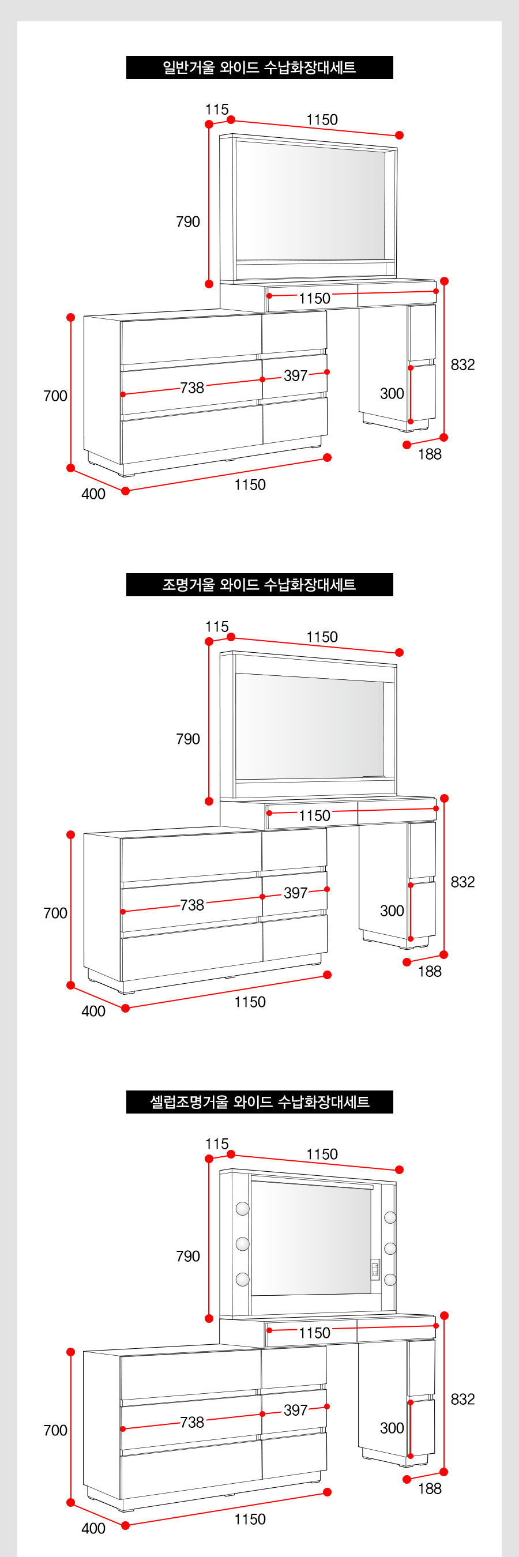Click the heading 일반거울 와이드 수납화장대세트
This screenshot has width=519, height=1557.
259,67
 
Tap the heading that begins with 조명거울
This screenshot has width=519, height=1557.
259,585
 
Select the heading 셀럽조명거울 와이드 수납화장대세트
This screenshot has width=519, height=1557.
259,1102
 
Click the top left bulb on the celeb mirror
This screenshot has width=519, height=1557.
242,1208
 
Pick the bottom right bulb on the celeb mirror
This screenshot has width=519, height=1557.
390,1280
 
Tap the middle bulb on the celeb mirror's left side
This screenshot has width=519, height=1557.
242,1243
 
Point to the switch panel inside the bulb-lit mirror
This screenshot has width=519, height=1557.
375,1268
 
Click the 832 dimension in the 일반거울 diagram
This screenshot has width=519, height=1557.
463,364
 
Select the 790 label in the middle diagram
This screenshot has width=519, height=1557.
188,739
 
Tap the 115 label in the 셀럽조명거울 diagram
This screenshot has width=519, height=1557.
217,1144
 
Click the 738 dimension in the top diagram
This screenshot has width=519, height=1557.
192,388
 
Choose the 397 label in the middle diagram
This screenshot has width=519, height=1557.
295,893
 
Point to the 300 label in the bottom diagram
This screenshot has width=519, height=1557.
392,1428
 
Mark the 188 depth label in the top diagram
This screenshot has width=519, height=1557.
430,454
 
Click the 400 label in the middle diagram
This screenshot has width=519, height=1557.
93,1011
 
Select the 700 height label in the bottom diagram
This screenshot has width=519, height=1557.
55,1430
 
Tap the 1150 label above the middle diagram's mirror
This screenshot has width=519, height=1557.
322,637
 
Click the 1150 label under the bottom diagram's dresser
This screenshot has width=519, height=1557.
250,1519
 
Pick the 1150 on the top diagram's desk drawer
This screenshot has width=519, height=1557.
315,298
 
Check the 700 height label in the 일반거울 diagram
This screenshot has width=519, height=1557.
55,396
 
